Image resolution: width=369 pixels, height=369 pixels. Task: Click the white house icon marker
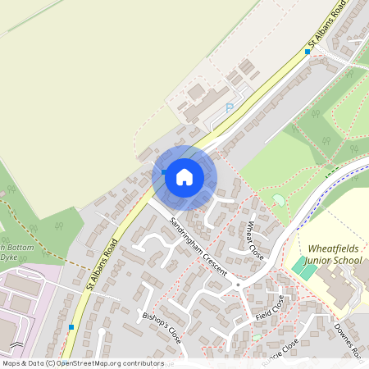[184, 176]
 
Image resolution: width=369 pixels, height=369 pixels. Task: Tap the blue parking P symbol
[230, 107]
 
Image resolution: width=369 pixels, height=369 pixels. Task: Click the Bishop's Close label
[162, 326]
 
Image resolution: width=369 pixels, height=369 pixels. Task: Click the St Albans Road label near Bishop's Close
[102, 264]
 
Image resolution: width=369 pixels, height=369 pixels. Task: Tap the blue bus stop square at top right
[307, 52]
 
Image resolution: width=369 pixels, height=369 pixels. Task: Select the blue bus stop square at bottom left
[71, 327]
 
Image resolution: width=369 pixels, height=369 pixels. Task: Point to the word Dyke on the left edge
[9, 257]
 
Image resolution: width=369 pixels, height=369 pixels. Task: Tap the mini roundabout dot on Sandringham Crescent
[238, 285]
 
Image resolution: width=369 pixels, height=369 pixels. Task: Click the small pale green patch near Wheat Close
[279, 200]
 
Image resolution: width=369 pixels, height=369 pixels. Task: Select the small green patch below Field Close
[257, 336]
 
